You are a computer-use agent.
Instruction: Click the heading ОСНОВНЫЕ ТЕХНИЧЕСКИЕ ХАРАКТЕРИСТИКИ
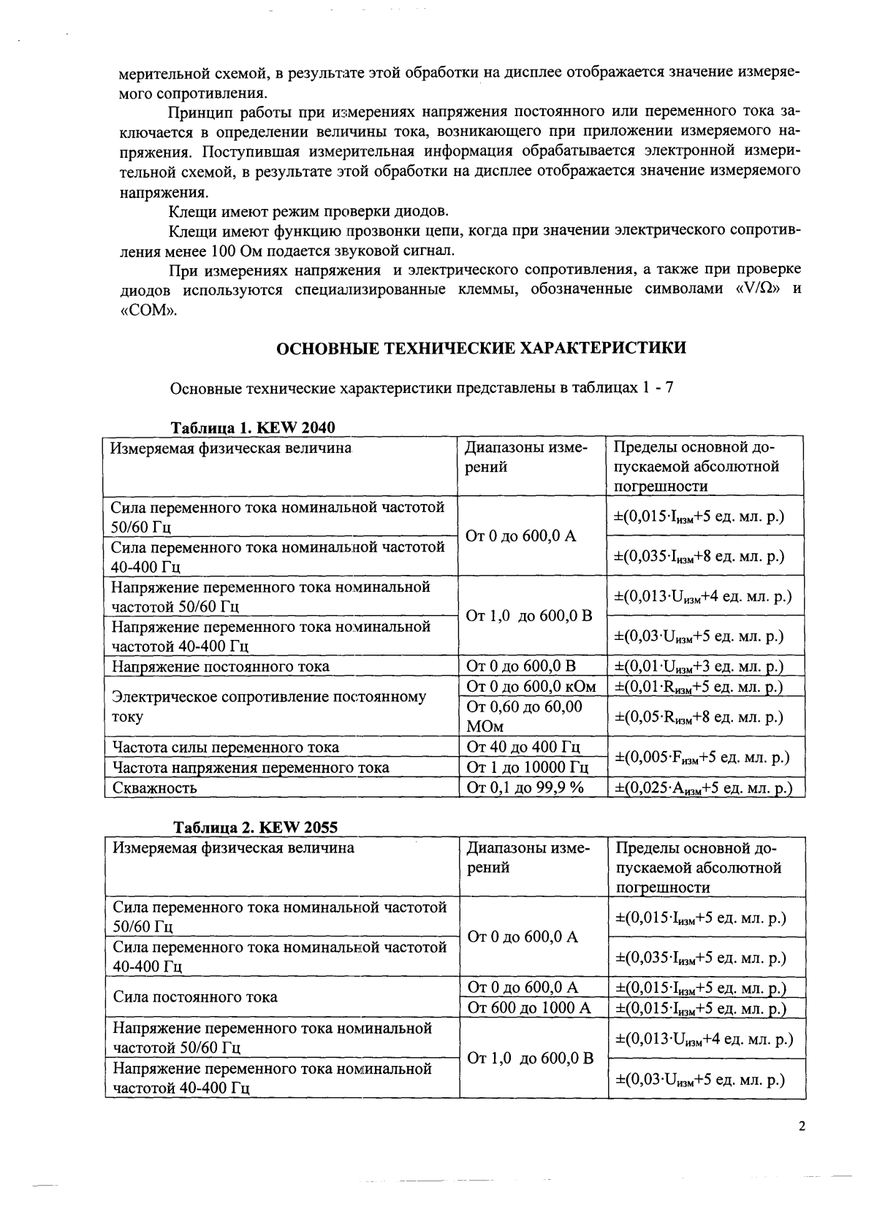click(x=480, y=348)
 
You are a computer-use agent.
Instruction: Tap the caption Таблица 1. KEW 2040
click(x=253, y=427)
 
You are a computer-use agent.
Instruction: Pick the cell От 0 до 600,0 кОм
click(x=531, y=687)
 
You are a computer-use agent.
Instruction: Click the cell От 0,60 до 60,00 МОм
click(x=525, y=717)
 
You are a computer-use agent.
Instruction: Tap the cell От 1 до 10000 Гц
click(x=527, y=768)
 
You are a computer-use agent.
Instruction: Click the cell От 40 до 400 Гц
click(x=523, y=747)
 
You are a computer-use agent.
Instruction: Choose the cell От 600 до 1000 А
click(x=528, y=1008)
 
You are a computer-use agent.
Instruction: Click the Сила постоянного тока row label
click(x=195, y=997)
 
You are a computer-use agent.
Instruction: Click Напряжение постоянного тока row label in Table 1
click(x=220, y=666)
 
